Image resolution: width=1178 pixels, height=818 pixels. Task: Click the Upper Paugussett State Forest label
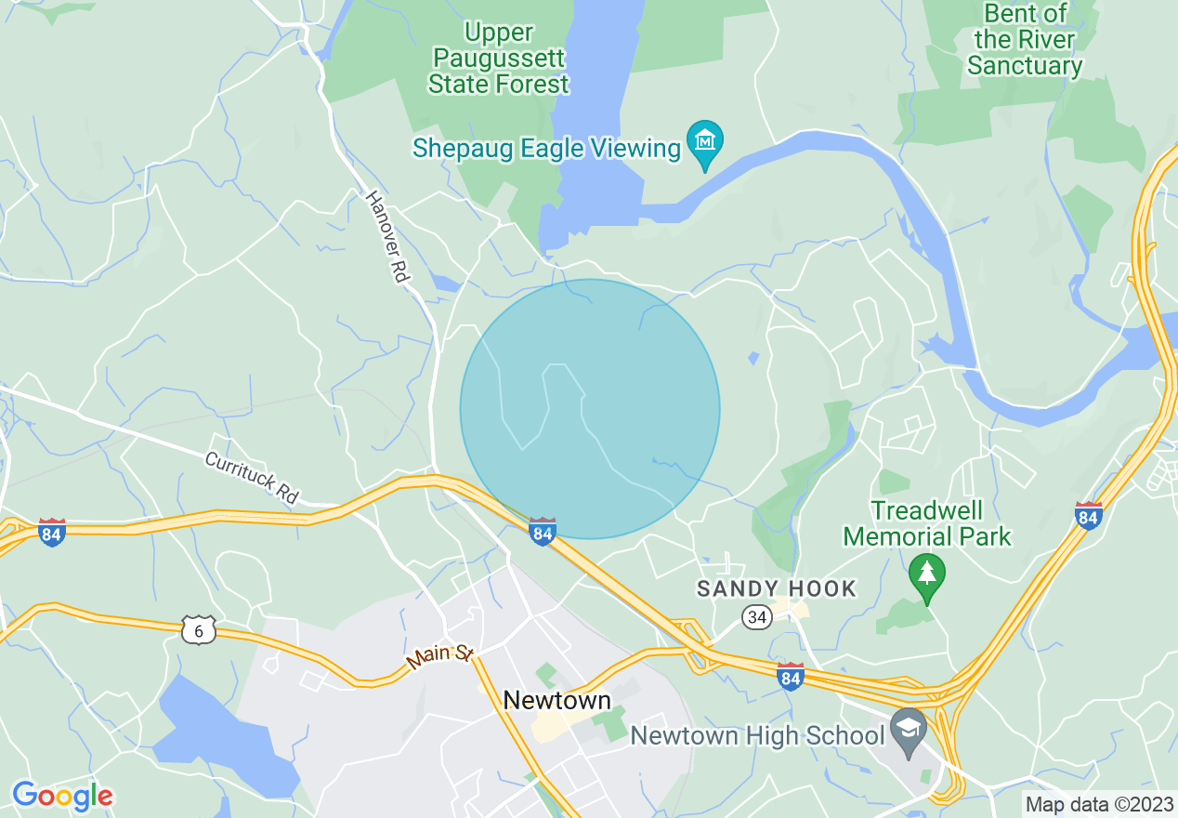498,59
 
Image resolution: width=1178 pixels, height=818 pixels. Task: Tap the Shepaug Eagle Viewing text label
546,148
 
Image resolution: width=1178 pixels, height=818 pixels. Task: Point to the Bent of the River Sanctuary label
1025,40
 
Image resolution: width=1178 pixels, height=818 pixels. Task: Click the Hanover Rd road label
387,237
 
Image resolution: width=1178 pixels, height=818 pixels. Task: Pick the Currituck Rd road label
252,478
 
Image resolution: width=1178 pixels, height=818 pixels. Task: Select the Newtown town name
557,701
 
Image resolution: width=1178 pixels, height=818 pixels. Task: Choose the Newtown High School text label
757,736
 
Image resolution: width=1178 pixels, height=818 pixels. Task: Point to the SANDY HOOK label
777,587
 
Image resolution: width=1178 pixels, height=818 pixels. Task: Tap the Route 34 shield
757,616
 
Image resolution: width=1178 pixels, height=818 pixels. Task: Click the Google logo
62,796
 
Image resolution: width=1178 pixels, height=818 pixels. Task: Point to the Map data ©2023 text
1098,804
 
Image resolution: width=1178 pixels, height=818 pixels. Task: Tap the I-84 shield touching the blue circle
543,532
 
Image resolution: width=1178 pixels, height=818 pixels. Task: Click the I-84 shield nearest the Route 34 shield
790,676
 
